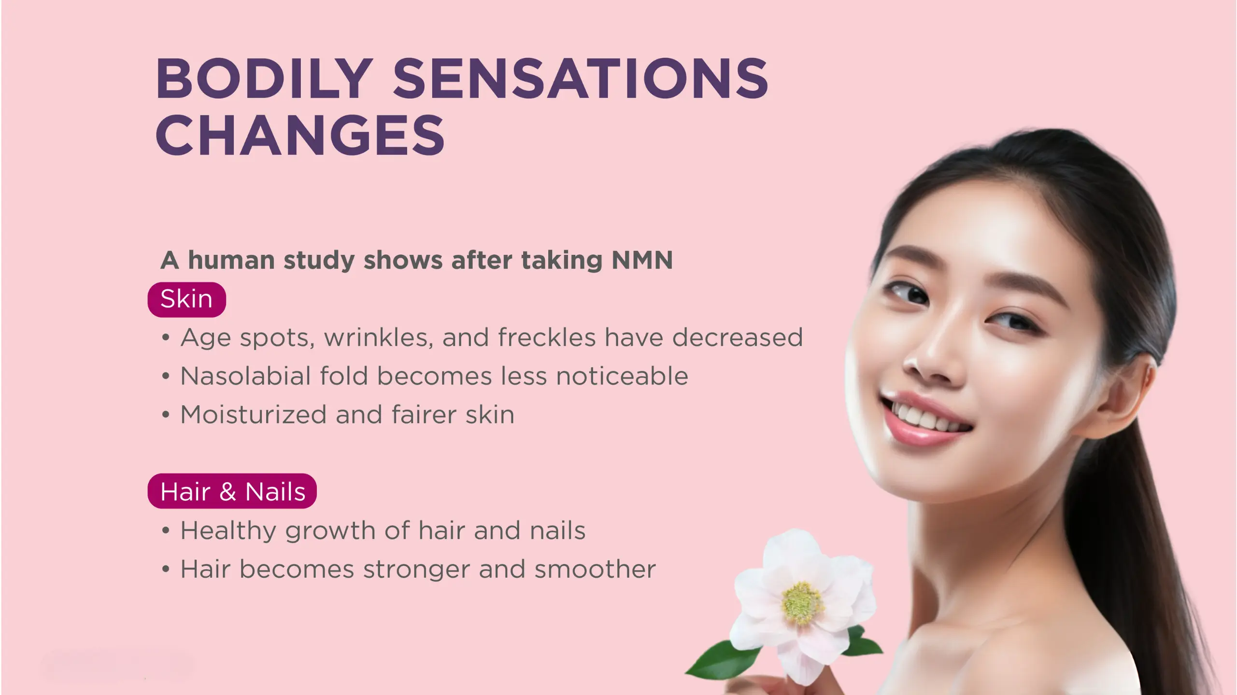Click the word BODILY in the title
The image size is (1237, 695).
coord(264,78)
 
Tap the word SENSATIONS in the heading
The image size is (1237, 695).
coord(581,78)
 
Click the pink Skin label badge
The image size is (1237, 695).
coord(186,299)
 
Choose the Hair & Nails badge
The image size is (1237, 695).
coord(232,491)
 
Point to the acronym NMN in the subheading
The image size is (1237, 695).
coord(642,260)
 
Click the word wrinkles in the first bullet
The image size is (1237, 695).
coord(379,337)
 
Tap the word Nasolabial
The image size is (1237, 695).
coord(245,376)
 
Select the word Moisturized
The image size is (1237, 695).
coord(254,415)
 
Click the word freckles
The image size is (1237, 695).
coord(547,337)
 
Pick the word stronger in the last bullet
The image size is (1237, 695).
coord(416,570)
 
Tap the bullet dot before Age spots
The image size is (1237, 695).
coord(166,337)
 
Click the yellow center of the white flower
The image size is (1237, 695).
coord(802,603)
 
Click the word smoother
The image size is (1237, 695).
coord(595,569)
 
